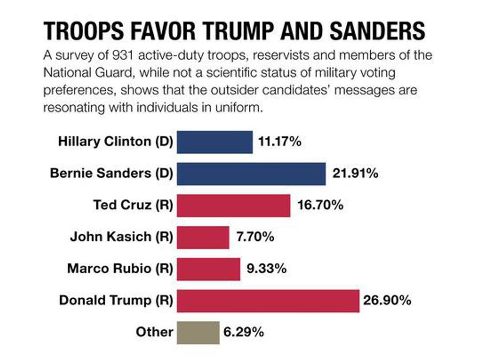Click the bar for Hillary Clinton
click(215, 142)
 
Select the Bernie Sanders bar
click(251, 173)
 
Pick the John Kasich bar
click(203, 237)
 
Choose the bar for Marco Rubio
click(209, 268)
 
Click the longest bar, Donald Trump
click(268, 300)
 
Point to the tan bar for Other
click(198, 332)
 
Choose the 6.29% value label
click(243, 332)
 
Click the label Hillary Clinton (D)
click(116, 142)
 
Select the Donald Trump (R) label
click(116, 300)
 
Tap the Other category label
click(155, 332)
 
